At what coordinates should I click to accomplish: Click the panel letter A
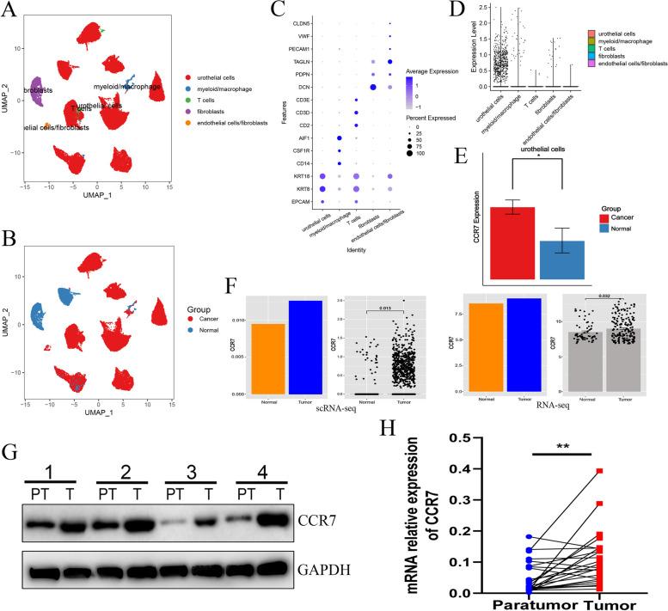point(9,9)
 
